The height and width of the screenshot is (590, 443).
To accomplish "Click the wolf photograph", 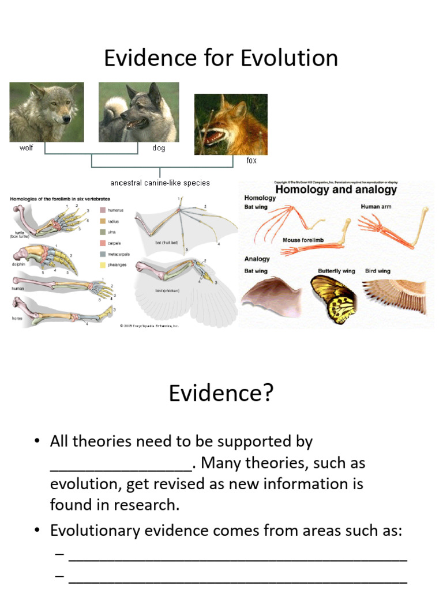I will (47, 112).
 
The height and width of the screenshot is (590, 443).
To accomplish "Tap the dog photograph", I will (138, 112).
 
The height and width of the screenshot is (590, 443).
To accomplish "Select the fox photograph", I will (231, 124).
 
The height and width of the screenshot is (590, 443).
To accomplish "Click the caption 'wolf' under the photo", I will (27, 148).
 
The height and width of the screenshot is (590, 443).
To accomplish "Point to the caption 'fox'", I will (251, 161).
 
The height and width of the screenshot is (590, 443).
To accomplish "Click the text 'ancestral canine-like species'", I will (160, 183).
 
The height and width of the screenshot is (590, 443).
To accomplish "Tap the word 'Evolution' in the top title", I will (289, 58).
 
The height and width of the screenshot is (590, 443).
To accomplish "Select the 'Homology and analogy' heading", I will (336, 189).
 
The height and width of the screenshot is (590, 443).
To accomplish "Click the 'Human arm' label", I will (377, 206).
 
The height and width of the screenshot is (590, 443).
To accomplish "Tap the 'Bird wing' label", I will (377, 271).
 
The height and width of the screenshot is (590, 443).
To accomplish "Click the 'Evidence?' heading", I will (221, 394).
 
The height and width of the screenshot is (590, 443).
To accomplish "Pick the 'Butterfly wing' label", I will (336, 271).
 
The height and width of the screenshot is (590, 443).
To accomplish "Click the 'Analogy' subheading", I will (257, 259).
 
